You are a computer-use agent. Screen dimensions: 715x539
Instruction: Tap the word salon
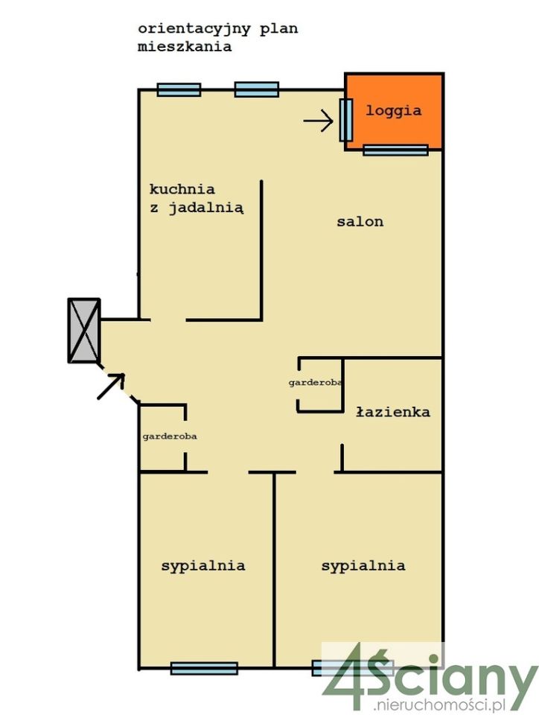pyautogui.click(x=360, y=221)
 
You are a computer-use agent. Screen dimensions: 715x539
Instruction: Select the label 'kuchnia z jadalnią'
pyautogui.click(x=196, y=199)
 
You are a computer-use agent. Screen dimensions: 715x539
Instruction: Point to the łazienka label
pyautogui.click(x=392, y=412)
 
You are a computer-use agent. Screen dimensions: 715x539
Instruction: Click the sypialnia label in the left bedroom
pyautogui.click(x=203, y=565)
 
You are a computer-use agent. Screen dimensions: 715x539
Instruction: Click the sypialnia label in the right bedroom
pyautogui.click(x=363, y=566)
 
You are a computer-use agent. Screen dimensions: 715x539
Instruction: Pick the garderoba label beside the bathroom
pyautogui.click(x=316, y=382)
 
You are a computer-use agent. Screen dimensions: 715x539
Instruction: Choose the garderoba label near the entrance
pyautogui.click(x=170, y=436)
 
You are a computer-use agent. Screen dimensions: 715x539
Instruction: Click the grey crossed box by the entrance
pyautogui.click(x=84, y=330)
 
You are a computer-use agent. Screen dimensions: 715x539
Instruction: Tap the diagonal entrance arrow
pyautogui.click(x=111, y=386)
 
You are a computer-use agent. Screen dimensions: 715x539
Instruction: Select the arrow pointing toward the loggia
pyautogui.click(x=319, y=121)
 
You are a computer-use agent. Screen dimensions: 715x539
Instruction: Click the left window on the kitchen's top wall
pyautogui.click(x=179, y=90)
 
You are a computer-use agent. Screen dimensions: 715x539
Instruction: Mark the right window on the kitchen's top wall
pyautogui.click(x=257, y=90)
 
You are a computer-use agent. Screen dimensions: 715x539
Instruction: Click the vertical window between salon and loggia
pyautogui.click(x=345, y=120)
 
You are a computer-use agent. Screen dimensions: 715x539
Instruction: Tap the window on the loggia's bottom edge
pyautogui.click(x=395, y=150)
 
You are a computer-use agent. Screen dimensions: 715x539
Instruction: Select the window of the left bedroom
pyautogui.click(x=204, y=668)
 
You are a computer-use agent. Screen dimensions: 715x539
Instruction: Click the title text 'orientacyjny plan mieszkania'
pyautogui.click(x=218, y=37)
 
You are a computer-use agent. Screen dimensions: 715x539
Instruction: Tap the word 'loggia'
pyautogui.click(x=394, y=111)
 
